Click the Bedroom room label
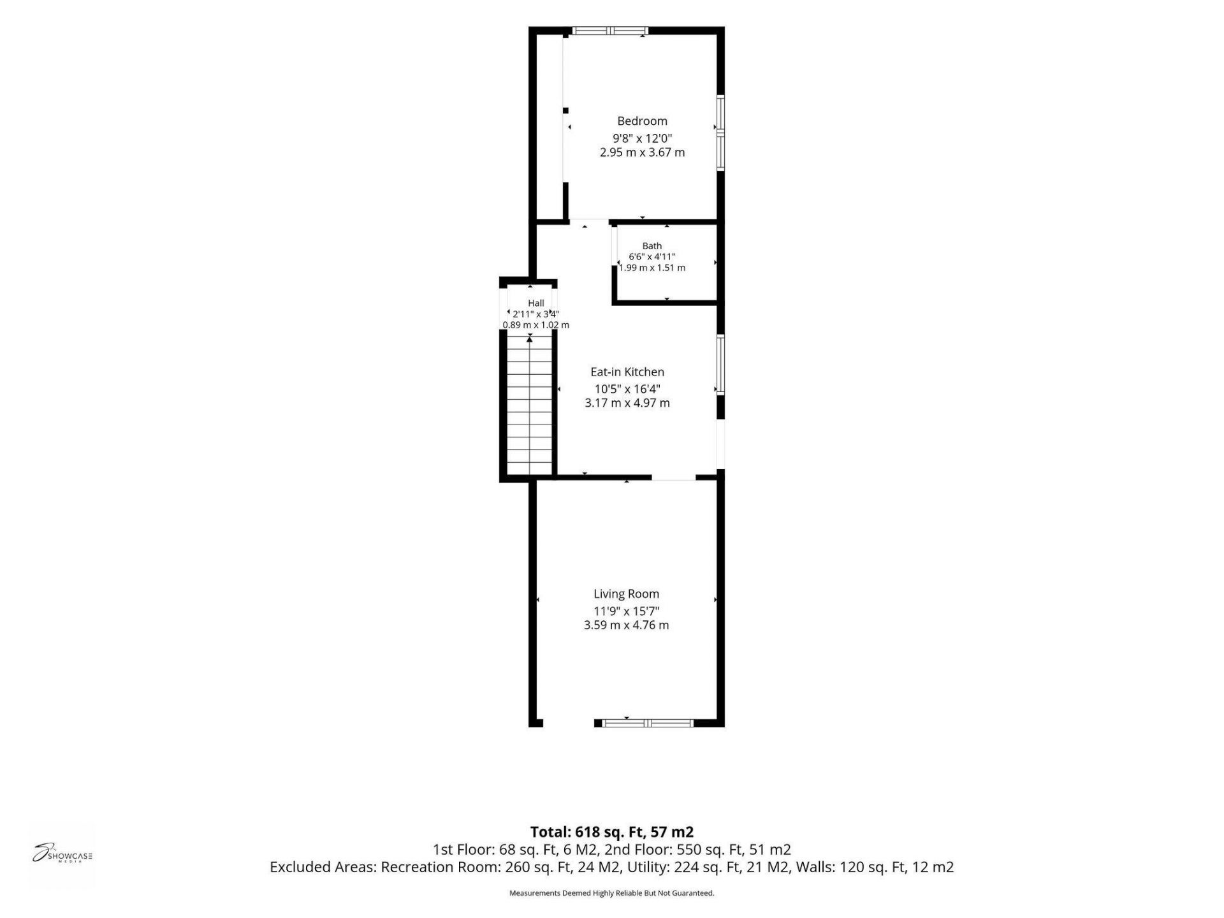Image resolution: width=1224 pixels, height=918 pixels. [x=642, y=121]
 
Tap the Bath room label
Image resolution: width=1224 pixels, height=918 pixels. [x=652, y=246]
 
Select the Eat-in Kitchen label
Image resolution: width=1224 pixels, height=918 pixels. [x=627, y=372]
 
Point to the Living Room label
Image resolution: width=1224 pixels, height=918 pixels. [x=627, y=594]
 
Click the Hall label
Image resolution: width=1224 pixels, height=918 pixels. [x=536, y=303]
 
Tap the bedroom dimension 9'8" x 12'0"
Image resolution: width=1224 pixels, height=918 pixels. [x=643, y=138]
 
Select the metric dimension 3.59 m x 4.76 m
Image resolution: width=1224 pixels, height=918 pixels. [x=627, y=625]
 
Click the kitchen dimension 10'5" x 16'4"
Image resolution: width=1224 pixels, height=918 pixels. [x=627, y=389]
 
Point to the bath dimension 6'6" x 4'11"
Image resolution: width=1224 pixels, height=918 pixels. [x=652, y=257]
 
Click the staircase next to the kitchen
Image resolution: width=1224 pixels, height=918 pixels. [x=530, y=407]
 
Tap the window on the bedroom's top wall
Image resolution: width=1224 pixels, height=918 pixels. [x=610, y=31]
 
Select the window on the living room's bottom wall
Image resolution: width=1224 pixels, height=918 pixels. [x=648, y=723]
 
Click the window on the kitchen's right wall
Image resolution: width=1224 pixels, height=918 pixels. [x=721, y=365]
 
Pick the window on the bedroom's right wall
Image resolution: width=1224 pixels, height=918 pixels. [x=721, y=133]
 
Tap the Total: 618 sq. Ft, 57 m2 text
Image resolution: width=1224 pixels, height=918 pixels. [x=612, y=832]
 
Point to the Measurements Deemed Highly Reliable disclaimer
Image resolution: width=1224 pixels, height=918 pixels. [x=612, y=893]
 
